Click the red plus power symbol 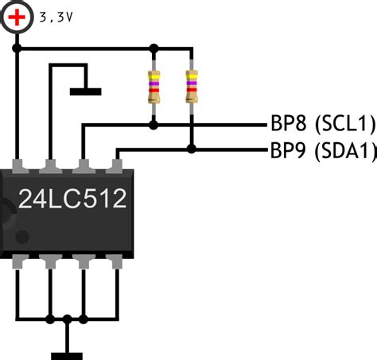pyautogui.click(x=17, y=17)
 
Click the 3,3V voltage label pyautogui.click(x=56, y=17)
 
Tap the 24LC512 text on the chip pyautogui.click(x=72, y=199)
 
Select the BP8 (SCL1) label pyautogui.click(x=323, y=123)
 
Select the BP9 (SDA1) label pyautogui.click(x=323, y=150)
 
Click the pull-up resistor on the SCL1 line pyautogui.click(x=154, y=87)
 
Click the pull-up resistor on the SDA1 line pyautogui.click(x=192, y=87)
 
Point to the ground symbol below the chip pyautogui.click(x=67, y=356)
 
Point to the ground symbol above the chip pyautogui.click(x=85, y=91)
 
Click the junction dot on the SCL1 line pyautogui.click(x=154, y=125)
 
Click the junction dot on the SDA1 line pyautogui.click(x=192, y=149)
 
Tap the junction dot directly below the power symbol pyautogui.click(x=17, y=48)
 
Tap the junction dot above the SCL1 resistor pyautogui.click(x=154, y=48)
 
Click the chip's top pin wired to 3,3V pyautogui.click(x=20, y=166)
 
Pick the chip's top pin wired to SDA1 pyautogui.click(x=115, y=166)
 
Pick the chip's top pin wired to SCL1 pyautogui.click(x=84, y=166)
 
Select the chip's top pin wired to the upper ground pyautogui.click(x=50, y=166)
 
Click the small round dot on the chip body pyautogui.click(x=22, y=237)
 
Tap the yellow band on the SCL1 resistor pyautogui.click(x=154, y=76)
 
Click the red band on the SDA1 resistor pyautogui.click(x=192, y=90)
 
